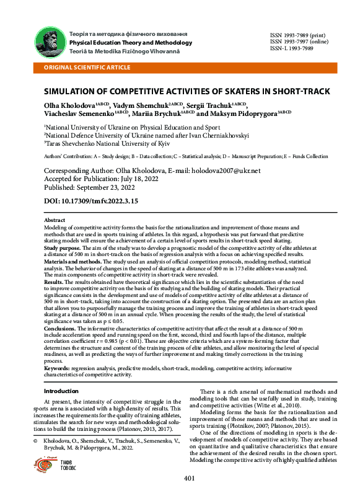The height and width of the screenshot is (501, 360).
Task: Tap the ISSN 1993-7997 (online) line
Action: (299, 42)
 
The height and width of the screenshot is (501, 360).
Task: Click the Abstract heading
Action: (55, 220)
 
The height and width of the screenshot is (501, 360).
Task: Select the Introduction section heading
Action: (61, 391)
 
